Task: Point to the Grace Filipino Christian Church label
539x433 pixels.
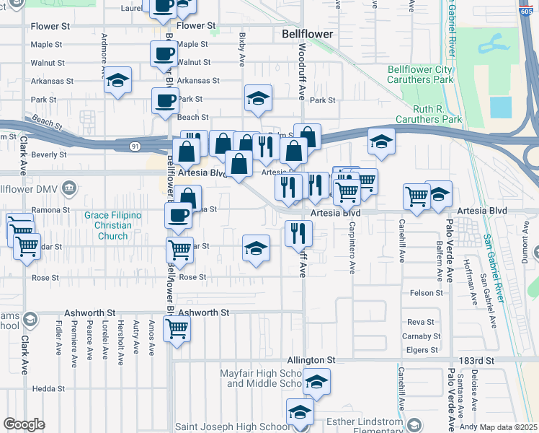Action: coord(112,225)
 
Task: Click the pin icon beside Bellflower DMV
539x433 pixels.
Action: coord(69,189)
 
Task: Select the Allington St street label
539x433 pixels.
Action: coord(311,359)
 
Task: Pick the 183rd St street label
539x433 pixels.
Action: coord(478,359)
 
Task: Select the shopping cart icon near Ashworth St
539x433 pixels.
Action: coord(177,329)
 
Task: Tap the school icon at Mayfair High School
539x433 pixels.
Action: coord(316,382)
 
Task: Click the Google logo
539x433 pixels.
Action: coord(24,424)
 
